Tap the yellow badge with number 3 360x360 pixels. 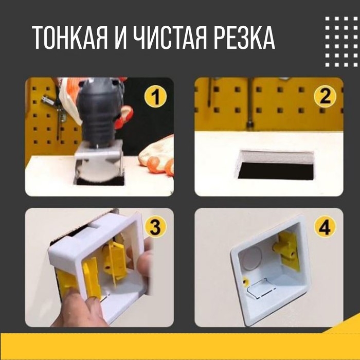[155, 227]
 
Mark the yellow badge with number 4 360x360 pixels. [325, 227]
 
